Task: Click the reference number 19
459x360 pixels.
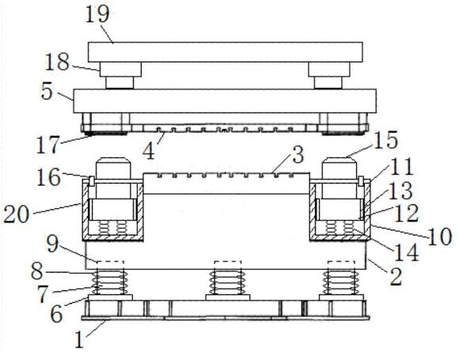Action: click(97, 14)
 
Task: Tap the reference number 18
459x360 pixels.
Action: click(57, 62)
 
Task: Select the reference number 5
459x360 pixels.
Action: click(47, 91)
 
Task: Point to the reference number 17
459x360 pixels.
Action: click(47, 144)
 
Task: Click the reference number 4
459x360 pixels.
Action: click(149, 151)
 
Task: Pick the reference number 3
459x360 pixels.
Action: click(298, 155)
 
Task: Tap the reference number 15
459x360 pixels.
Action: click(385, 140)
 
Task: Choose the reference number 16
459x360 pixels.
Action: click(49, 177)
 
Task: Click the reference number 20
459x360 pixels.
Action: click(17, 214)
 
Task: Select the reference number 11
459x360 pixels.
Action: click(401, 166)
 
